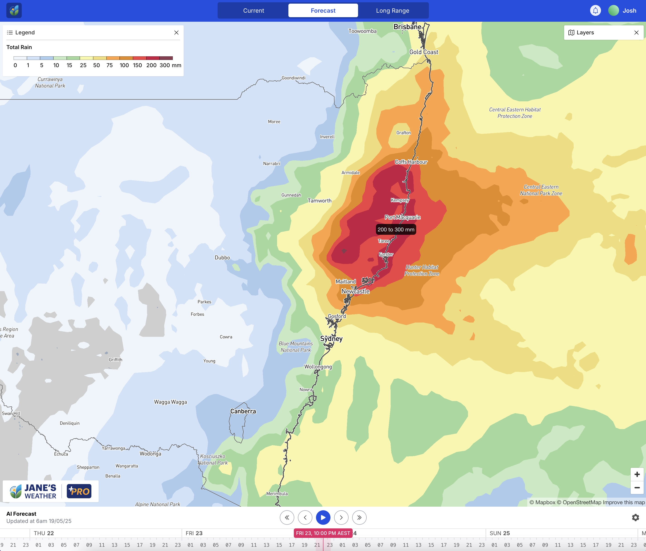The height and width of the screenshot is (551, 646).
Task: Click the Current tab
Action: (254, 11)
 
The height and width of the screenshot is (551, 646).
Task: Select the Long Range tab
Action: (392, 11)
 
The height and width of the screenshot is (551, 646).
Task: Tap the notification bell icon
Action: (595, 11)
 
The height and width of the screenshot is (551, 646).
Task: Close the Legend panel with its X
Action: (176, 32)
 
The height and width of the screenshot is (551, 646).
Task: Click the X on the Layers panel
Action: (636, 32)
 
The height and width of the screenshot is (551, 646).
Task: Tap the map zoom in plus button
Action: (637, 474)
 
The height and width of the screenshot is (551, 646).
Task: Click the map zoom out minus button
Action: (637, 487)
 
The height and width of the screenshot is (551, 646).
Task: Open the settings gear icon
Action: (635, 518)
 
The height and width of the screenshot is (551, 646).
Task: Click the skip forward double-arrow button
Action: (359, 518)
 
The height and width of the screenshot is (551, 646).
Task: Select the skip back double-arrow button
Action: (287, 518)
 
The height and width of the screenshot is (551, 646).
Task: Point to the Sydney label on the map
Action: (331, 339)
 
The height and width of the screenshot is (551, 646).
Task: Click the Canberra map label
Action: (243, 411)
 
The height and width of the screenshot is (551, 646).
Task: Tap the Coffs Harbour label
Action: (411, 162)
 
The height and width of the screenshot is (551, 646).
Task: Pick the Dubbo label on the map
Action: (222, 258)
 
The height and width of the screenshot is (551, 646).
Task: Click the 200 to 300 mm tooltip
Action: (396, 230)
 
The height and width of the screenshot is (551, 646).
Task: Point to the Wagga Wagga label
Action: (170, 402)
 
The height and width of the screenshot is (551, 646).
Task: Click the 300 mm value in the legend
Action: (165, 65)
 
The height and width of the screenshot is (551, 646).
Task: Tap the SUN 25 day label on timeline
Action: (499, 533)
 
